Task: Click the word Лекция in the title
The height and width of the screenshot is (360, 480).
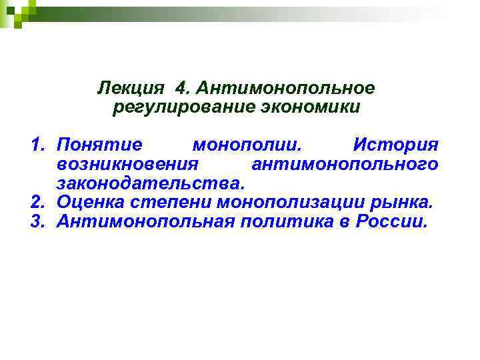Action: click(129, 88)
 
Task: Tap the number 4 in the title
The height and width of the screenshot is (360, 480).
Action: click(182, 88)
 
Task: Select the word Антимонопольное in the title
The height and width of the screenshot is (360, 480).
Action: click(286, 88)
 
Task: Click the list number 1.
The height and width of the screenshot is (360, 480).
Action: click(39, 145)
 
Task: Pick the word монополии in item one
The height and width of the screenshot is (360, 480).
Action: click(246, 145)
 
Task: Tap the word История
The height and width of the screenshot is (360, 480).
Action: click(395, 145)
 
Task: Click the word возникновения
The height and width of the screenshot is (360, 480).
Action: click(128, 164)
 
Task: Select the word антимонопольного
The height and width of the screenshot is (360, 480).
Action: click(344, 164)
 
